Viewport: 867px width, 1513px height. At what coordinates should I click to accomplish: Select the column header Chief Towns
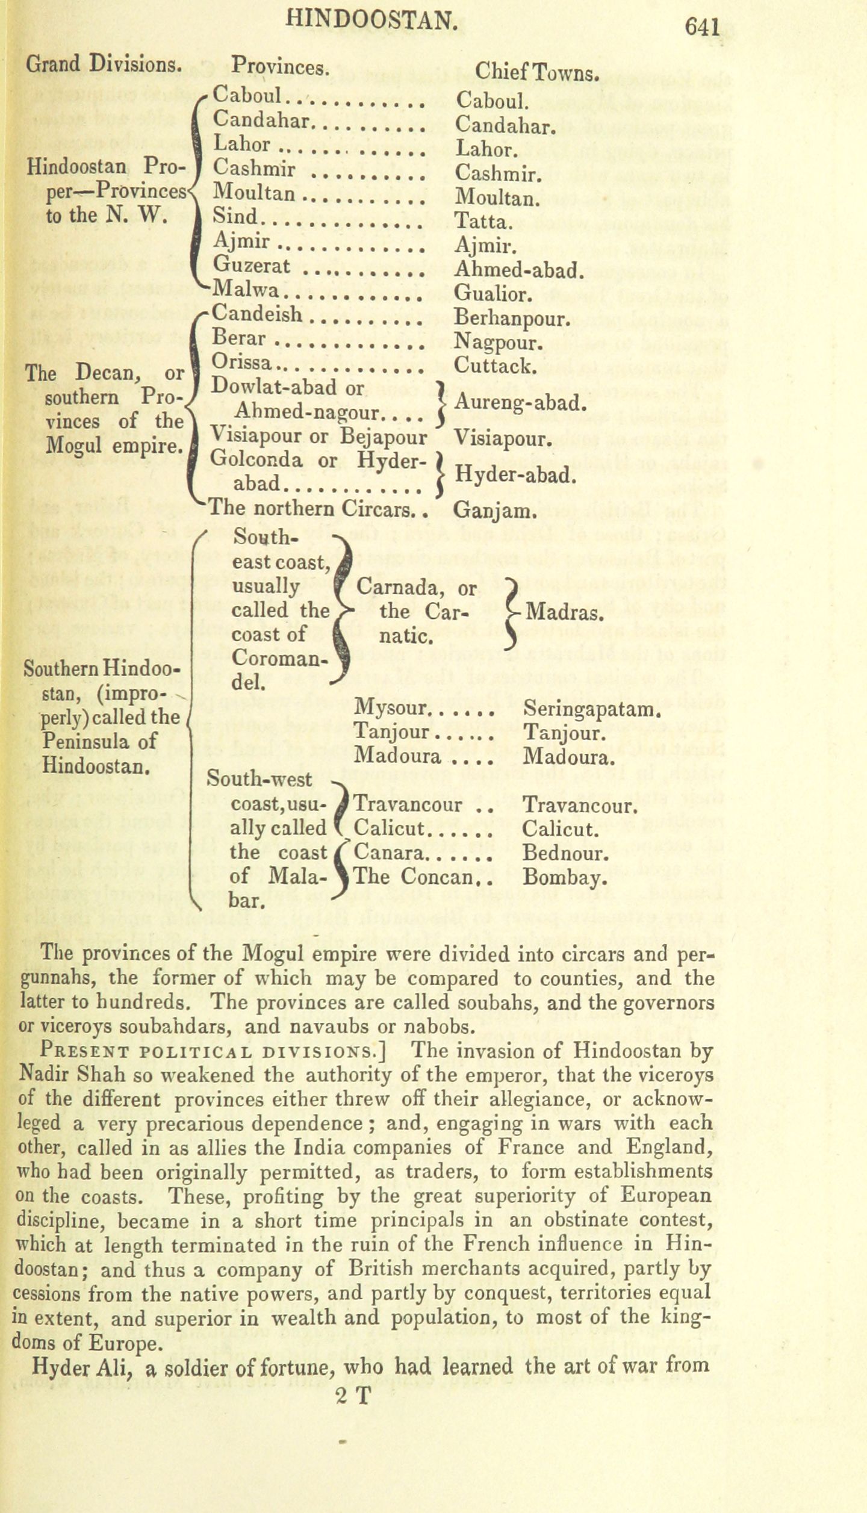(536, 73)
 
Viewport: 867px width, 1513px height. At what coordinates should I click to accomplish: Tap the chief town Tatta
(483, 222)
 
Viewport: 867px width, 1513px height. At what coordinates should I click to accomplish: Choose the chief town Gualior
(493, 294)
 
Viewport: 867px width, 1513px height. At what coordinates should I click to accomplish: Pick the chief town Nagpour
(499, 343)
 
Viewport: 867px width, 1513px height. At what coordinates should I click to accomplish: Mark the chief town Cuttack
(495, 365)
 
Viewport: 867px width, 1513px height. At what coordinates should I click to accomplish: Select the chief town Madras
(564, 613)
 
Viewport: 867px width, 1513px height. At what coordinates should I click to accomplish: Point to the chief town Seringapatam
(592, 710)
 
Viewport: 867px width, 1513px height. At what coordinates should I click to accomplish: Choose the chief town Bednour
(566, 853)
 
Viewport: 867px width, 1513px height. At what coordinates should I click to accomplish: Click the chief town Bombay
(562, 877)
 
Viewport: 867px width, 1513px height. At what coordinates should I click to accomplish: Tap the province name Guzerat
(252, 266)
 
